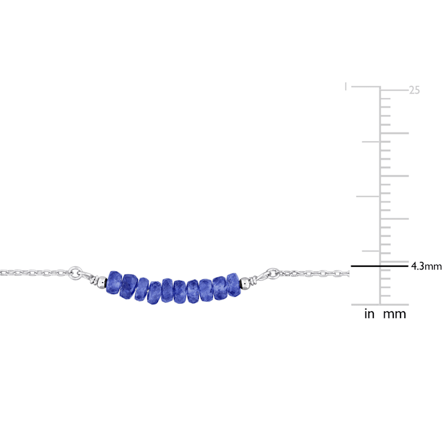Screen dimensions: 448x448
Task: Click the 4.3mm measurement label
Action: click(x=426, y=266)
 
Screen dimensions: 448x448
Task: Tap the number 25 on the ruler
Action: click(x=415, y=91)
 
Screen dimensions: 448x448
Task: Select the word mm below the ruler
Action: click(x=395, y=314)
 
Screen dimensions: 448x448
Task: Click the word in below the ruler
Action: click(x=369, y=314)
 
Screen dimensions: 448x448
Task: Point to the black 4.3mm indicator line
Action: click(x=380, y=266)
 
